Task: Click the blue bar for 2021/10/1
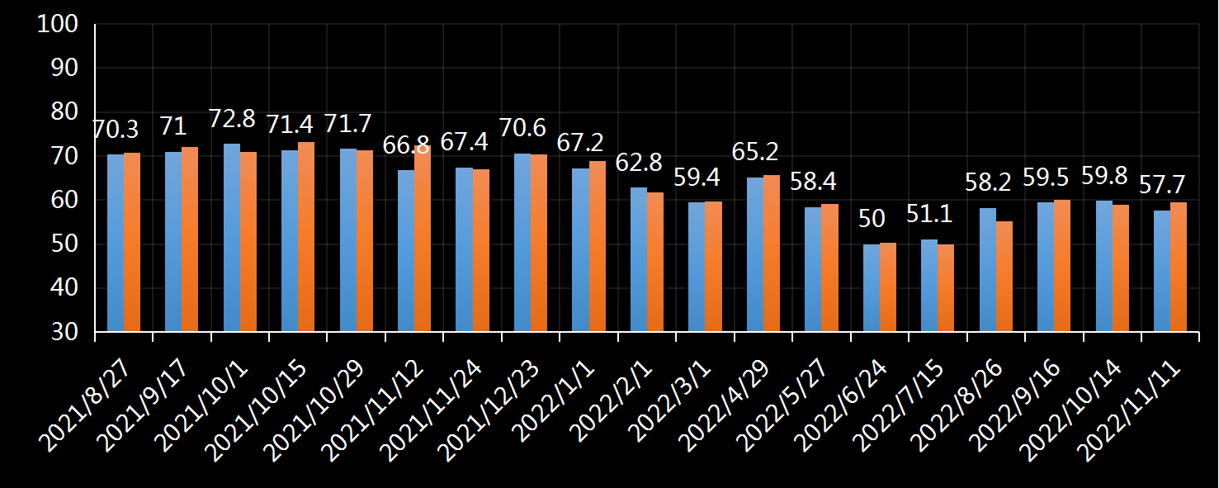(232, 238)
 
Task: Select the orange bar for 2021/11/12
(423, 239)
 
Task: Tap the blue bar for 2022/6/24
(872, 287)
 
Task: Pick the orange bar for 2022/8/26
(1004, 276)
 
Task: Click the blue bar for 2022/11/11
(1162, 271)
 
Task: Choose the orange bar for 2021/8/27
(132, 242)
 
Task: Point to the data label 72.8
(232, 119)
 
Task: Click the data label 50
(872, 218)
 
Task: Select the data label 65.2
(755, 152)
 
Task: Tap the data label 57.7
(1162, 185)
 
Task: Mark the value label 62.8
(639, 163)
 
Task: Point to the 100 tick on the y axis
(58, 24)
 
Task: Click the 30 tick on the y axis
(64, 332)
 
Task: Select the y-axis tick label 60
(64, 200)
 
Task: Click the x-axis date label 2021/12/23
(488, 410)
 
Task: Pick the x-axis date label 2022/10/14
(1070, 410)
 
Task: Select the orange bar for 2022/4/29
(771, 253)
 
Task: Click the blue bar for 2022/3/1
(697, 267)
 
